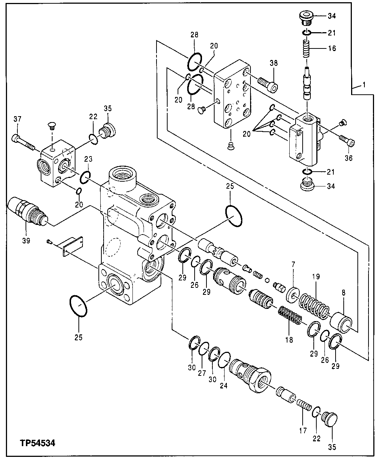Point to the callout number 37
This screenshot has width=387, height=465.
tap(17, 119)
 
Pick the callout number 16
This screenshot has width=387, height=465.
tap(332, 48)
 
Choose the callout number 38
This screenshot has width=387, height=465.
tap(273, 63)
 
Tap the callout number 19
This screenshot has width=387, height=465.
tap(316, 276)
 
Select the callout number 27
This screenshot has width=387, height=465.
tap(202, 374)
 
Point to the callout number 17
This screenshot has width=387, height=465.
tap(303, 430)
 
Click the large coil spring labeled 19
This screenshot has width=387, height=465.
tap(314, 305)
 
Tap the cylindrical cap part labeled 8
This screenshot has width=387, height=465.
tap(344, 321)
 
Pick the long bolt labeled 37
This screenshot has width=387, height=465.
tap(24, 143)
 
